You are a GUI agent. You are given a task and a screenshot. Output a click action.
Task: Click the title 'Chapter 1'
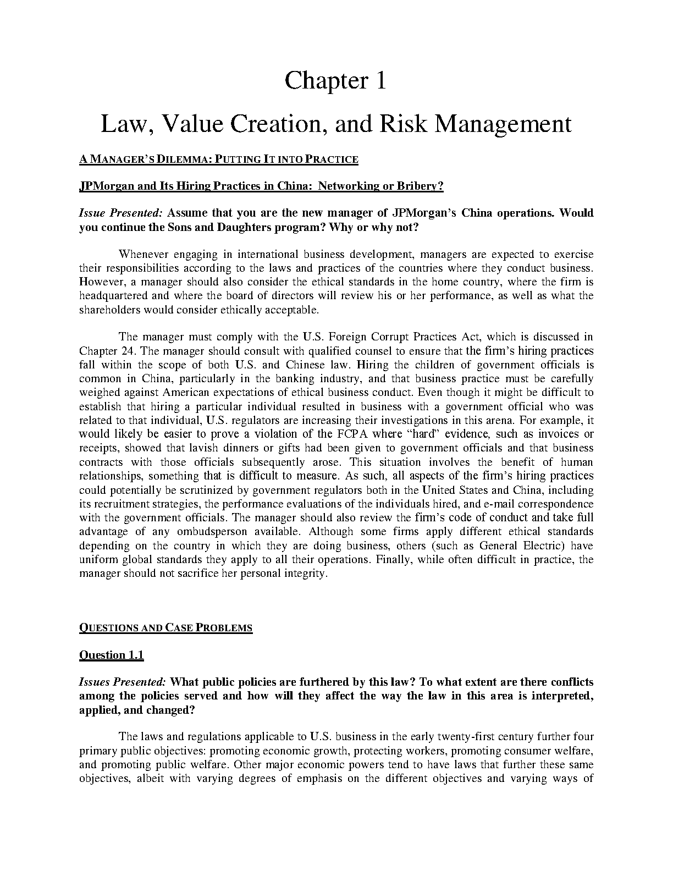tap(335, 81)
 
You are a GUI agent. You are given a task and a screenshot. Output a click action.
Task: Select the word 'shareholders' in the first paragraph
tap(110, 310)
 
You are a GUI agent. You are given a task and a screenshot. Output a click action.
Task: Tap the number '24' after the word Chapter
tap(128, 351)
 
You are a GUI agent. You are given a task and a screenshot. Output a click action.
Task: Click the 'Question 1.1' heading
tap(112, 655)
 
